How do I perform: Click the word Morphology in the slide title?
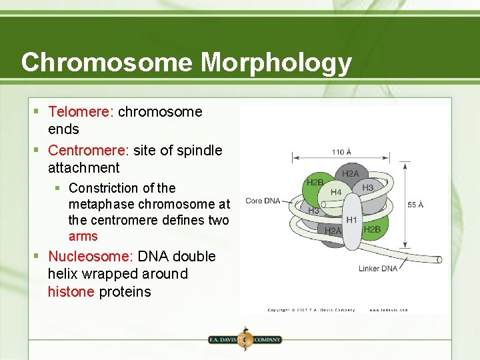[276, 63]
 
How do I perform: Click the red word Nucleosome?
[90, 257]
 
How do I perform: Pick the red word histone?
[71, 292]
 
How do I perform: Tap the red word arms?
[83, 237]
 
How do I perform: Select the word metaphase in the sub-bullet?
[101, 204]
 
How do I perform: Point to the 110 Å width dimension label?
[341, 152]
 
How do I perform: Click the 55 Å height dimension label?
[415, 204]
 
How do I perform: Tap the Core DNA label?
[263, 201]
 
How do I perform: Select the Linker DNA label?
[378, 269]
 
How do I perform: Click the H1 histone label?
[351, 219]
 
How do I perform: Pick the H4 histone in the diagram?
[336, 193]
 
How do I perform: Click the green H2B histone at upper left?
[315, 183]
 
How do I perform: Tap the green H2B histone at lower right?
[372, 229]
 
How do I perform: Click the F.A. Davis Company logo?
[245, 339]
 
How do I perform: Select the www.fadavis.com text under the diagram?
[389, 310]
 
